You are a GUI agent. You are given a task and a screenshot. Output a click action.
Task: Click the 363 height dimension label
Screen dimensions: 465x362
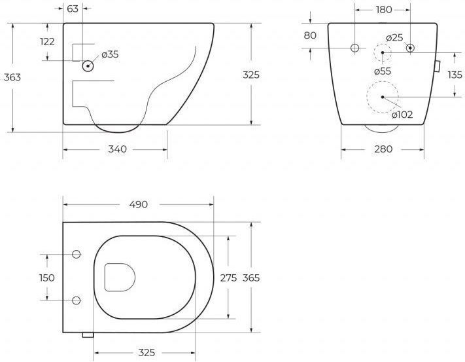(x=12, y=77)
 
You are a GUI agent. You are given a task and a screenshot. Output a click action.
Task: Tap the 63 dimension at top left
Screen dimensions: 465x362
(x=73, y=9)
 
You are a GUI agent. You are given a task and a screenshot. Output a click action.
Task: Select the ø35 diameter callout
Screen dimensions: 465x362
(x=110, y=54)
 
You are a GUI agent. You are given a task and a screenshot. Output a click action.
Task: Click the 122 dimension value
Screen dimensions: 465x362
(x=48, y=41)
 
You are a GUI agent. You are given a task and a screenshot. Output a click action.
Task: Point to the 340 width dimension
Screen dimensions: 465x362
(x=117, y=149)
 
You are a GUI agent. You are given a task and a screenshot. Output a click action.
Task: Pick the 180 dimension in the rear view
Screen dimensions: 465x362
(x=384, y=10)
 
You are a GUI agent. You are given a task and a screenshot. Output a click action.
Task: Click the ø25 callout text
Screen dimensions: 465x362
(x=395, y=38)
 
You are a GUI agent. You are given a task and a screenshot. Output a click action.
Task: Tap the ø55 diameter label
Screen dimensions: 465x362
(x=383, y=71)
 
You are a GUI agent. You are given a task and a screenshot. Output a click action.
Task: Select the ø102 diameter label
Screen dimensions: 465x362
(x=402, y=115)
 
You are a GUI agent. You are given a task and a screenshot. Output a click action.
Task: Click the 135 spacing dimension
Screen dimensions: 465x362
(x=455, y=75)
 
